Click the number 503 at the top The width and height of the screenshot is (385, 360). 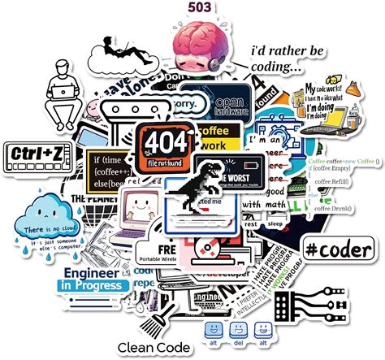(x=200, y=8)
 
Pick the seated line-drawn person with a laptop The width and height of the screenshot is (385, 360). (x=63, y=91)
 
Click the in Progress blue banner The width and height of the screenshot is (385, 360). (x=93, y=286)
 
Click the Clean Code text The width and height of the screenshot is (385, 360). (x=154, y=347)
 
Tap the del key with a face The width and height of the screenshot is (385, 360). (x=237, y=332)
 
